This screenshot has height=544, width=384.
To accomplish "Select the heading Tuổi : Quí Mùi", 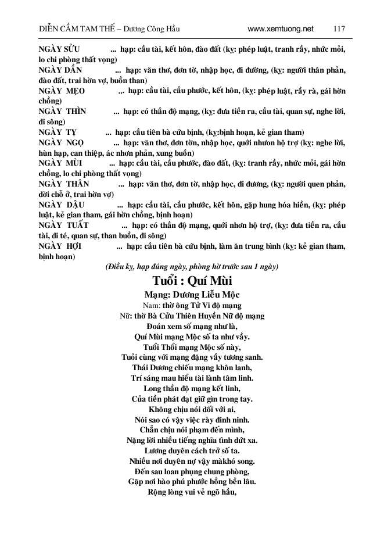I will tap(192, 282).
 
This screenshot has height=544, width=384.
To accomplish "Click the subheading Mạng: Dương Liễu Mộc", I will tap(192, 295).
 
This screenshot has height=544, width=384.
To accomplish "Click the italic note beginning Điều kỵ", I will tap(192, 267).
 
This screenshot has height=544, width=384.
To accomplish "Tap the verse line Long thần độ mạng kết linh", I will tap(192, 388).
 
